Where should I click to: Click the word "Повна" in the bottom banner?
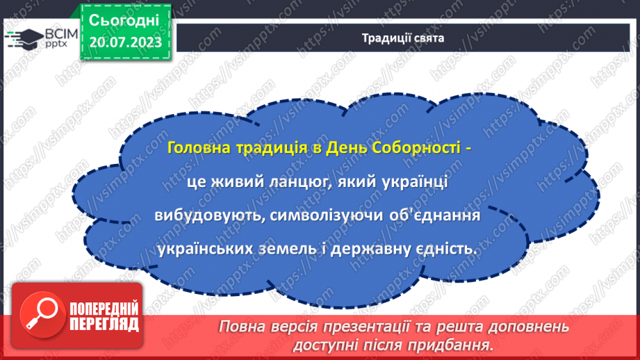[243, 327]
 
